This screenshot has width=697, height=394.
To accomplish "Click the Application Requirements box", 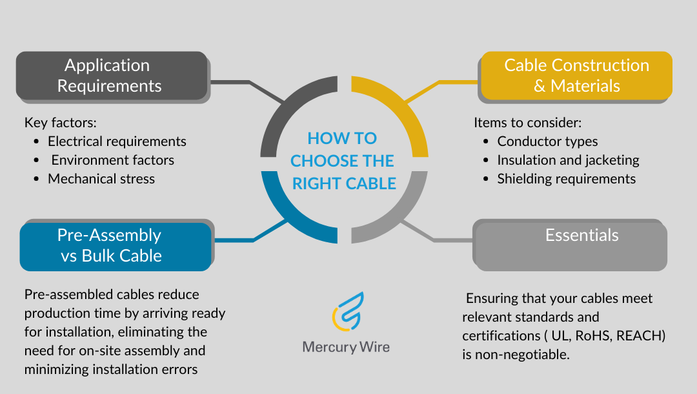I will (110, 76).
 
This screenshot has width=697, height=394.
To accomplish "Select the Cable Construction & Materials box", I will (576, 76).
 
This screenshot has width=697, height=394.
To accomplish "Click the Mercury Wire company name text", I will (346, 347).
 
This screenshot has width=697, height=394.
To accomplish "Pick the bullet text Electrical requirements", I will (117, 141).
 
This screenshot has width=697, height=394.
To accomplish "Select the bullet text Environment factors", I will (112, 160).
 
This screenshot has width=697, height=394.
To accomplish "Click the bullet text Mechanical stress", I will (101, 179).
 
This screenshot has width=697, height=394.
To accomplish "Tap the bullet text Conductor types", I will (547, 141).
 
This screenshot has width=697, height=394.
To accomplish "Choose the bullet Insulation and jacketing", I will (568, 160).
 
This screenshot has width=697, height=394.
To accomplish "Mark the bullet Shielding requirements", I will (566, 179).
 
